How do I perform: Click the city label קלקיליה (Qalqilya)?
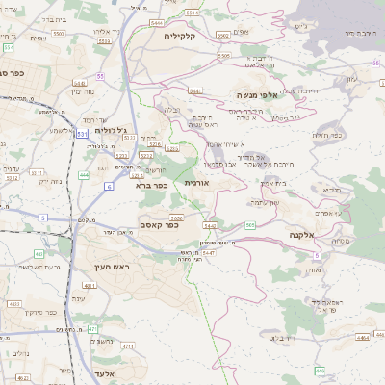click(179, 36)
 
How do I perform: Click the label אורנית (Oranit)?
click(196, 182)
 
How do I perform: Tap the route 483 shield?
click(38, 254)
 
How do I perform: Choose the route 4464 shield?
click(362, 338)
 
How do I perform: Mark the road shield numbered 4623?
click(14, 304)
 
